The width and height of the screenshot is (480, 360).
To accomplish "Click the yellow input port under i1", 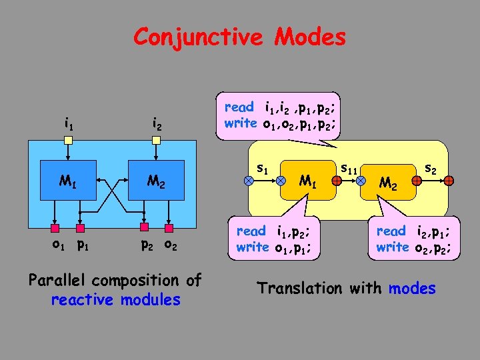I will coord(68,140).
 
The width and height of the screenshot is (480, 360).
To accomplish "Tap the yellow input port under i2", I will coord(155,140).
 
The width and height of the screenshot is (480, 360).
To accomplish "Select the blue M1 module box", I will coord(67,181).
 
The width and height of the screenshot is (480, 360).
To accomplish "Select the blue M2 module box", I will coord(155,181).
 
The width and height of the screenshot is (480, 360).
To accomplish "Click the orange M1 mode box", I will coord(307,181).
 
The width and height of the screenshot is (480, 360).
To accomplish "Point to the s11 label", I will coord(349,170).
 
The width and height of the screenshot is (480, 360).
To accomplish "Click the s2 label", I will coord(431,170).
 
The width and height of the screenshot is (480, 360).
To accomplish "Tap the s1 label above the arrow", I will coord(263,169).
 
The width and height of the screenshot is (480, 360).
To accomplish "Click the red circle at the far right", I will coord(450,181).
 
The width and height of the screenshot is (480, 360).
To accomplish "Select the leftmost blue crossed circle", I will coord(248,181).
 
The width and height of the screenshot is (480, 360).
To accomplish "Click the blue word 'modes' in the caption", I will coord(412,289).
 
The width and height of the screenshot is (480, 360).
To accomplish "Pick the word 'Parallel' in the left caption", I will coord(59,281).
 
